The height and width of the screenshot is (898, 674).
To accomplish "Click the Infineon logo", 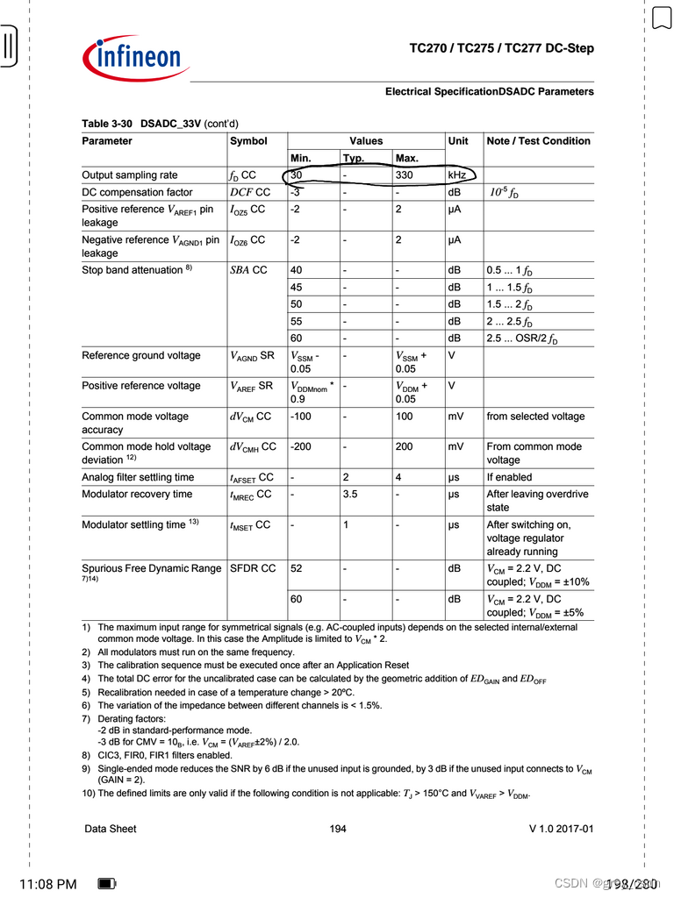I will click(136, 57).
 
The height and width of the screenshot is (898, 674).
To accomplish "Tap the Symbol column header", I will click(248, 141).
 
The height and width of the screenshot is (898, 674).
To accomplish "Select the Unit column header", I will click(458, 141).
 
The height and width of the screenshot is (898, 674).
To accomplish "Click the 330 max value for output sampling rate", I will click(406, 175).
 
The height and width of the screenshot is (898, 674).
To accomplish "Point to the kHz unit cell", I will click(458, 175).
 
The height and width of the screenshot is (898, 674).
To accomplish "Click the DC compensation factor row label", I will click(137, 192).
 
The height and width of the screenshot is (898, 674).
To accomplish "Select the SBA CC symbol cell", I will click(248, 270).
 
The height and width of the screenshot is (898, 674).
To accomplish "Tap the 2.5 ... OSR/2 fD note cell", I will click(522, 339).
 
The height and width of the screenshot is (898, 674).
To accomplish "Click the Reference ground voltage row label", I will click(140, 356).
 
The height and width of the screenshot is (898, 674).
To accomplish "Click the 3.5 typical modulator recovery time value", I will click(351, 495).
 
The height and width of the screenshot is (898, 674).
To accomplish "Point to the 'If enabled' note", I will click(509, 477).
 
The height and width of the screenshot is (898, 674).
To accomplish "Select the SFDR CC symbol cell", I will click(253, 568).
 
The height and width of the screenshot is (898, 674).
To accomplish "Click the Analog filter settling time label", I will click(138, 477).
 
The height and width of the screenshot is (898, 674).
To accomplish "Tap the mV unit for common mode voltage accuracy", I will click(455, 417).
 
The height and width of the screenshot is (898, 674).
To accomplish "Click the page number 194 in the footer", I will click(338, 829).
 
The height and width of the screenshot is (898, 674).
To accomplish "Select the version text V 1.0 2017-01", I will click(561, 829).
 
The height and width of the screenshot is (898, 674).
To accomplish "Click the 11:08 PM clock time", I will click(47, 884).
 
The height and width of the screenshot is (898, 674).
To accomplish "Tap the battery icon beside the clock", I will click(107, 884).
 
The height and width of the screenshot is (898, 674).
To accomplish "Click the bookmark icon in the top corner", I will click(661, 18).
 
